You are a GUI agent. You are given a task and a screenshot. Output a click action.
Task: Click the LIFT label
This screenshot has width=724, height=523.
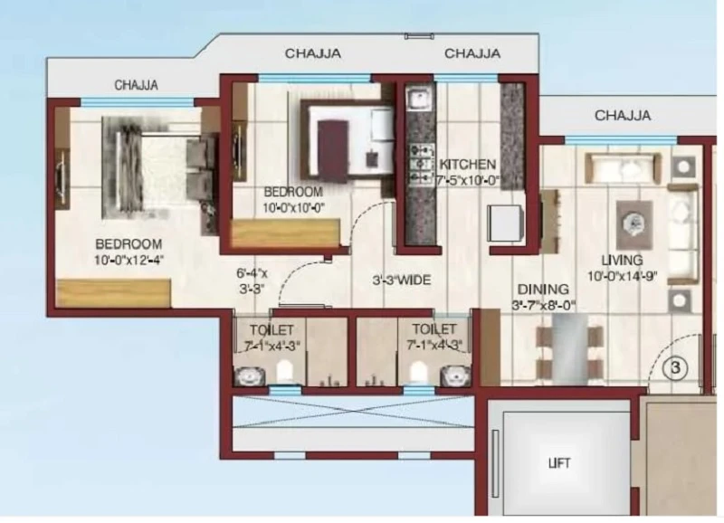(559, 462)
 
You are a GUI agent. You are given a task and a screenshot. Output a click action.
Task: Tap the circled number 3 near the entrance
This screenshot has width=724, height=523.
(675, 368)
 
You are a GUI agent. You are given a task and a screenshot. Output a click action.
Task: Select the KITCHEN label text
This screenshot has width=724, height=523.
(467, 165)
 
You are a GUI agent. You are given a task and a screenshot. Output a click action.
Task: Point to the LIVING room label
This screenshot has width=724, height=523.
(622, 261)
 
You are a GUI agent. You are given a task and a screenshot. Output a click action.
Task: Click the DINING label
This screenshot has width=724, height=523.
(543, 290)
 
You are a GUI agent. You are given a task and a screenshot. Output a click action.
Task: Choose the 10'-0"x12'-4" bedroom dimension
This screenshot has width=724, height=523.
(129, 261)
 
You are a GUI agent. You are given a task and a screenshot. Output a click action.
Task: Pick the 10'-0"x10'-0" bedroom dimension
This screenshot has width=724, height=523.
(293, 208)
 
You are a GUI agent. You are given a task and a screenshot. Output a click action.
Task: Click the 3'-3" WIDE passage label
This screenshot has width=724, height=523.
(402, 281)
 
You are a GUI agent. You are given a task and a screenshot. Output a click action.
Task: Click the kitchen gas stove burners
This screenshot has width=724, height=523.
(422, 164)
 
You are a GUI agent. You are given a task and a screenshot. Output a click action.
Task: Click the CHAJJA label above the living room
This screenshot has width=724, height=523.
(623, 115)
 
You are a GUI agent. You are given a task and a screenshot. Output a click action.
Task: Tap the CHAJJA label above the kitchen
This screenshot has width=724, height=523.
(472, 53)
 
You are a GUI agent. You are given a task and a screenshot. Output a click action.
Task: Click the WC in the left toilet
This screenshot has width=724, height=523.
(285, 371)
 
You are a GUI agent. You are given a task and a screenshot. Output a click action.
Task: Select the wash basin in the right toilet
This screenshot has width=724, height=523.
(455, 375)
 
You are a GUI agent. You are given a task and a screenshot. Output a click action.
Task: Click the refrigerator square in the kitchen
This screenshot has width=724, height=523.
(506, 223)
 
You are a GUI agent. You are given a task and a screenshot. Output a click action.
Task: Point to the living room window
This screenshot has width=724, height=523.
(621, 140)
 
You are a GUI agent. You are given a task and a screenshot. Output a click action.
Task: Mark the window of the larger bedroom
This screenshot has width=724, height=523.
(138, 102)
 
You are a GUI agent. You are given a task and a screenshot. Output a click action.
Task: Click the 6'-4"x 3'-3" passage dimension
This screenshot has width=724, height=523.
(252, 281)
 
